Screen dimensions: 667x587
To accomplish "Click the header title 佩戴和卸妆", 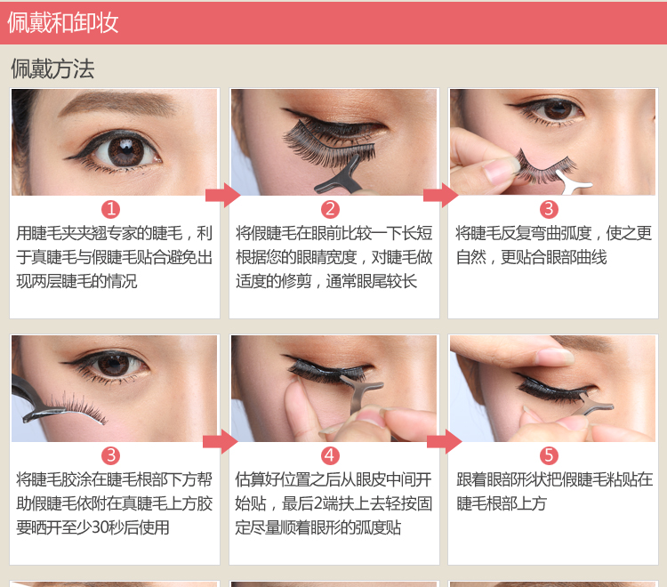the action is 63,22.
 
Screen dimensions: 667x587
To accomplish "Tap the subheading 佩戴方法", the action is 52,68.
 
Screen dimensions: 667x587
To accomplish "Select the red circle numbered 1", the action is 110,209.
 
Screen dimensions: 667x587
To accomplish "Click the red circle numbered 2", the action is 330,209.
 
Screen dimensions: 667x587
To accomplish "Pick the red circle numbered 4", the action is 330,455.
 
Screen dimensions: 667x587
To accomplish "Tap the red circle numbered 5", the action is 549,455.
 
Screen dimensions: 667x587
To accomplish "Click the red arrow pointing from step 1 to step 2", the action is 223,196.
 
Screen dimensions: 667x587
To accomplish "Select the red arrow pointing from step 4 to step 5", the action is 444,442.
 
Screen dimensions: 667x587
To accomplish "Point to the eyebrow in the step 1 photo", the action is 118,103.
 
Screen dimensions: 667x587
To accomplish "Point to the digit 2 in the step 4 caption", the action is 317,503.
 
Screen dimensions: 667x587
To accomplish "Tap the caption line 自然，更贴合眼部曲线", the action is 531,257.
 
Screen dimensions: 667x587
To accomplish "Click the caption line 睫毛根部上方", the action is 502,503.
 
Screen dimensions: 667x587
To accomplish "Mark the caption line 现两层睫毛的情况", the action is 77,281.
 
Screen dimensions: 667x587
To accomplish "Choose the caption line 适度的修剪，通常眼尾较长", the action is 326,281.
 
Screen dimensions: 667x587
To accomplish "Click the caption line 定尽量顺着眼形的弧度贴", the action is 318,527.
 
